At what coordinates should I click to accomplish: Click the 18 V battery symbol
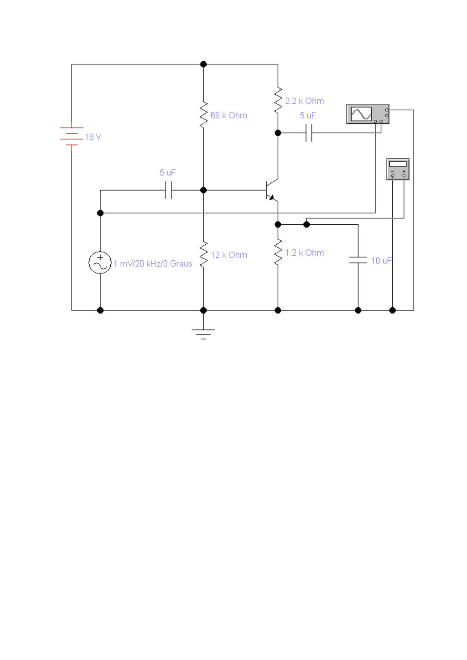tap(72, 136)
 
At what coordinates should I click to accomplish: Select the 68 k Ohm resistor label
tap(229, 115)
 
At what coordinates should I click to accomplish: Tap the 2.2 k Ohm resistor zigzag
tap(278, 100)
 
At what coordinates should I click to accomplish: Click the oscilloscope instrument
tap(368, 114)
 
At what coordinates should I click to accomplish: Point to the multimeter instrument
tap(398, 169)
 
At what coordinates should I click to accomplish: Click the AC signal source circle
tap(100, 262)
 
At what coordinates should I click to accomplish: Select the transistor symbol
tap(272, 190)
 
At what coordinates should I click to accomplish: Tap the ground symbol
tap(203, 334)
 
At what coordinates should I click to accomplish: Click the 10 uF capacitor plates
tap(358, 260)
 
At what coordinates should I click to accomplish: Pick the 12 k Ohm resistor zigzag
tap(204, 255)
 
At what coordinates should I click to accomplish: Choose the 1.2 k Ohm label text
tap(305, 253)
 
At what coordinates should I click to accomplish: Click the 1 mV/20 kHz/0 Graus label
tap(153, 263)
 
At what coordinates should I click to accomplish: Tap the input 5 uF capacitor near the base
tap(168, 190)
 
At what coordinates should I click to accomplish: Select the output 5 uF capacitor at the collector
tap(309, 133)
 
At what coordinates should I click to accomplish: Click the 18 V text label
tap(93, 137)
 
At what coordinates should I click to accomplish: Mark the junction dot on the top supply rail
tap(203, 64)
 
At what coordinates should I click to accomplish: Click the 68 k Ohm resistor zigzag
tap(204, 115)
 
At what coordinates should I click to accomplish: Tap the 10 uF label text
tap(382, 260)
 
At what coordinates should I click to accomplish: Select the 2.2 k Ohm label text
tap(305, 101)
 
